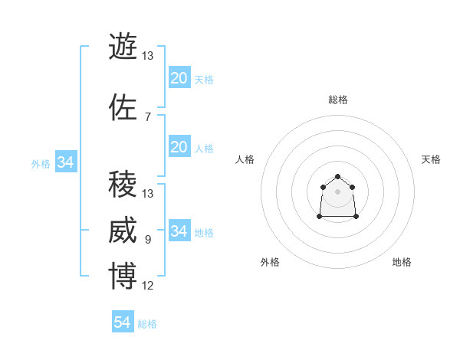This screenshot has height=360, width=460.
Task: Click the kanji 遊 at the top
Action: tap(123, 47)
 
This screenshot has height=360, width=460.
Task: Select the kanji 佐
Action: tap(123, 107)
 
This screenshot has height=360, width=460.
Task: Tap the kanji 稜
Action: tap(123, 185)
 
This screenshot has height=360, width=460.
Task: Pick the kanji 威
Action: tap(123, 231)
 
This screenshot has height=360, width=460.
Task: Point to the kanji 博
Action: tap(123, 277)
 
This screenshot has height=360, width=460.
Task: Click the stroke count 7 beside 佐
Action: tap(148, 117)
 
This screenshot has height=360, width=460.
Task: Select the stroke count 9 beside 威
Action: tap(148, 241)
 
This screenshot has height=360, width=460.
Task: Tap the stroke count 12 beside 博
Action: tap(148, 286)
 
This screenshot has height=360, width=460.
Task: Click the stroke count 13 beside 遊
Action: tap(148, 56)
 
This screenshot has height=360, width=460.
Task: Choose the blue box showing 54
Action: tap(122, 322)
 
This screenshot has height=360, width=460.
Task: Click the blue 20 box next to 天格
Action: tap(179, 77)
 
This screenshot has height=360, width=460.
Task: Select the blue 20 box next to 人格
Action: tap(179, 146)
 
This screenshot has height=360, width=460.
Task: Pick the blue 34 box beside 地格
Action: tap(179, 231)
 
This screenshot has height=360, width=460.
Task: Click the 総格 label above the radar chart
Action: tap(337, 100)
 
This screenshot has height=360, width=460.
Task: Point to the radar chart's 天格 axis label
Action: tap(431, 159)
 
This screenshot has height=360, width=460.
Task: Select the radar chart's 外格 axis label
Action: tap(270, 262)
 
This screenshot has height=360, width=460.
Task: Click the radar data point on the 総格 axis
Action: tap(337, 177)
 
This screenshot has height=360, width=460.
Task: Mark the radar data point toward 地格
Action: tap(357, 218)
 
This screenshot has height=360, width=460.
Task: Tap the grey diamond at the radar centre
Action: tap(337, 191)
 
